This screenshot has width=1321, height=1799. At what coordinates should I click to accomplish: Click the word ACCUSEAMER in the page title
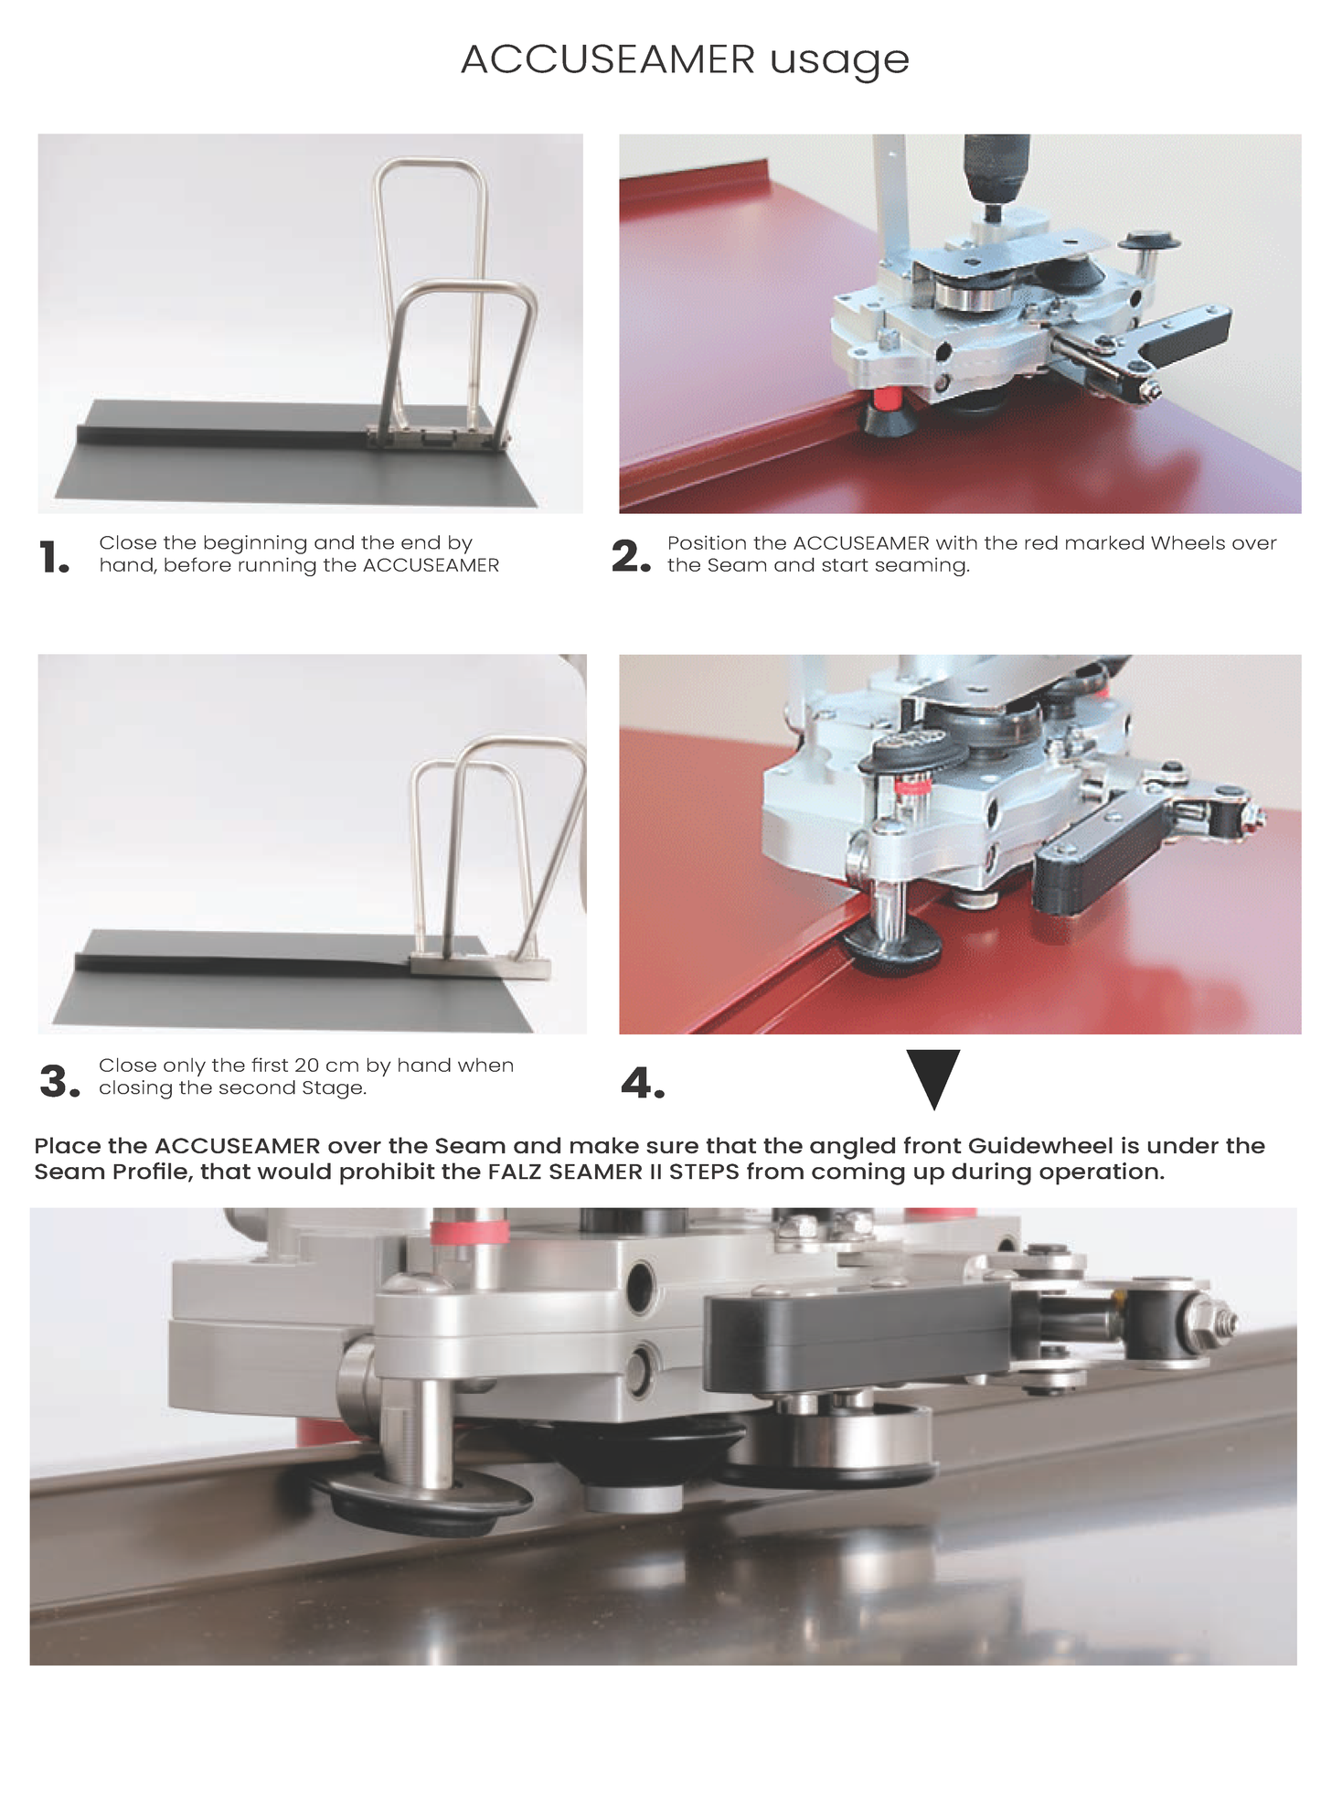pos(608,60)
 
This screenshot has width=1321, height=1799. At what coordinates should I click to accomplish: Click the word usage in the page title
pos(839,63)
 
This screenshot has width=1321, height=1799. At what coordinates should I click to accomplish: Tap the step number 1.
pos(54,557)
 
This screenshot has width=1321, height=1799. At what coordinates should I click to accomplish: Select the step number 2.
pos(631,556)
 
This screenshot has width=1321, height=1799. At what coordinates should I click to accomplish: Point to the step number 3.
pos(59,1081)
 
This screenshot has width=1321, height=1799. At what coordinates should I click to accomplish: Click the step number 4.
pos(643,1083)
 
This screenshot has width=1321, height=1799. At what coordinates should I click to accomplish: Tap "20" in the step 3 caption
pos(306,1065)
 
